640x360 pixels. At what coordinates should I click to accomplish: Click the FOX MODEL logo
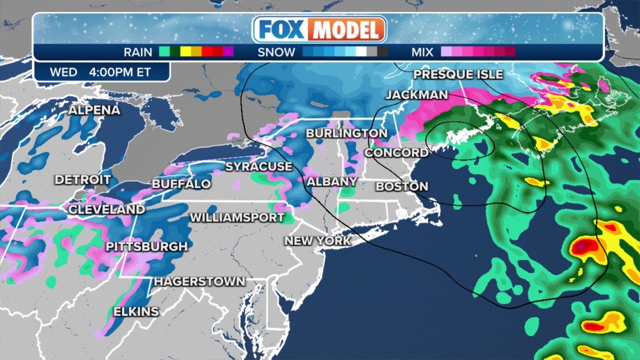[x=319, y=29]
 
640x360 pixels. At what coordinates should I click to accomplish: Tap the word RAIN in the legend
[x=138, y=52]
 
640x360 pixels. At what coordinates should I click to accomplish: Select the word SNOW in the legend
[x=276, y=52]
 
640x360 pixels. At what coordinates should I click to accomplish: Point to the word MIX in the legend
[x=422, y=52]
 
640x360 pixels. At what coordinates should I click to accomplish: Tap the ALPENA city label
[x=94, y=110]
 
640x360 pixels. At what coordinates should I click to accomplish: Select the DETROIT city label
[x=83, y=180]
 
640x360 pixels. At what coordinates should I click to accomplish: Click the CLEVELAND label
[x=107, y=210]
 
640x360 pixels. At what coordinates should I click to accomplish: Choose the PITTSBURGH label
[x=147, y=247]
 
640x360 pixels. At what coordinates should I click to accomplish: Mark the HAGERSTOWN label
[x=200, y=281]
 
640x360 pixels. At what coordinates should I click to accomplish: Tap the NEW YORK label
[x=318, y=241]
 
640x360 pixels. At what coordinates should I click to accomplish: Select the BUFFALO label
[x=181, y=184]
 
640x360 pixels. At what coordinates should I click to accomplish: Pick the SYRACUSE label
[x=259, y=166]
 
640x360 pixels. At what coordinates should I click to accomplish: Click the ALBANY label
[x=332, y=182]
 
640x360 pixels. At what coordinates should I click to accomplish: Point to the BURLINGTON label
[x=347, y=133]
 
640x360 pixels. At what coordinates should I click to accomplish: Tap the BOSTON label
[x=402, y=186]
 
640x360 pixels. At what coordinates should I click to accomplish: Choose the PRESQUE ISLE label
[x=458, y=75]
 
